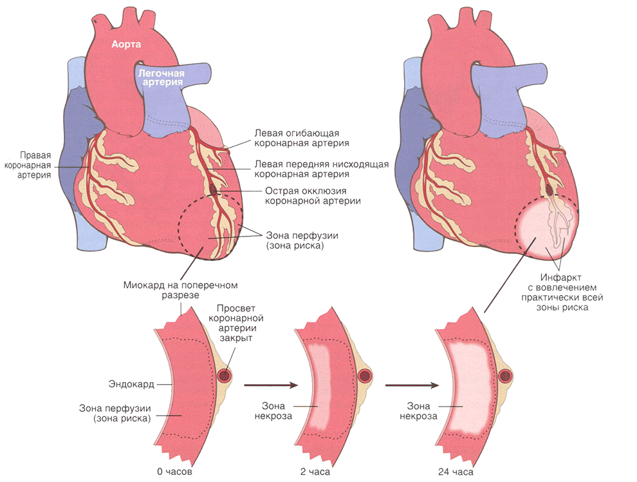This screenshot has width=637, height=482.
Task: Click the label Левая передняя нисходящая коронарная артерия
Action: pyautogui.click(x=321, y=169)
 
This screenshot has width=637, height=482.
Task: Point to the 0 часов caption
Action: pyautogui.click(x=174, y=472)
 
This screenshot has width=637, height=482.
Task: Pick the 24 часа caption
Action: pyautogui.click(x=458, y=472)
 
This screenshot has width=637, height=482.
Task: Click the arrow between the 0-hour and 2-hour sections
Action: pyautogui.click(x=271, y=385)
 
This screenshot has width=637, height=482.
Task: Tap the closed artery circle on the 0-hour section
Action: pyautogui.click(x=225, y=375)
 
